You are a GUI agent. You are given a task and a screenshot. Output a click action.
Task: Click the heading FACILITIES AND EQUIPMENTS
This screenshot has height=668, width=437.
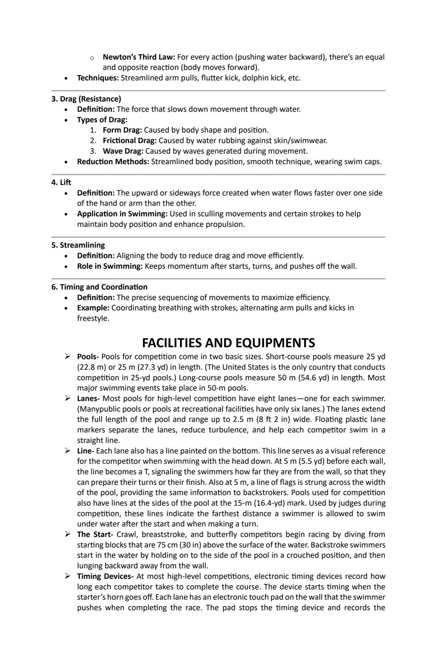coord(228,343)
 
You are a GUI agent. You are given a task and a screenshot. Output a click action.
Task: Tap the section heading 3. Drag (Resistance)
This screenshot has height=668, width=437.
coord(86,99)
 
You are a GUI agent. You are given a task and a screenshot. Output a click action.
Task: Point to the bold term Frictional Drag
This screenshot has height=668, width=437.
coord(129,141)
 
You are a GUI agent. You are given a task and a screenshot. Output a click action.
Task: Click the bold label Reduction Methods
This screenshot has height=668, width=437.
coord(113,162)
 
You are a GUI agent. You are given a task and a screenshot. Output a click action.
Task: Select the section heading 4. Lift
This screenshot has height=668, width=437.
coord(61,182)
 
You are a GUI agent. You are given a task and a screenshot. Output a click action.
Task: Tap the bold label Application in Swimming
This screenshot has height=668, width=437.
coord(122,214)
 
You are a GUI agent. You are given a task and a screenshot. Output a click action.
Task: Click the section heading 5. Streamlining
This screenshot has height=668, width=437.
coord(78,245)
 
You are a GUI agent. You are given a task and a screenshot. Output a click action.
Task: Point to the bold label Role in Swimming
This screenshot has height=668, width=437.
coord(110,267)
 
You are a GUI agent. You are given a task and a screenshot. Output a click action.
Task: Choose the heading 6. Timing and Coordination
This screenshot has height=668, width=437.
coord(100,287)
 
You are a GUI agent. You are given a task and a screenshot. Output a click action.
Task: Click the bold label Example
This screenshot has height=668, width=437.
coord(93,308)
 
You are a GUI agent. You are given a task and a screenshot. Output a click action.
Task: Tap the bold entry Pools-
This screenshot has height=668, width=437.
coord(88,357)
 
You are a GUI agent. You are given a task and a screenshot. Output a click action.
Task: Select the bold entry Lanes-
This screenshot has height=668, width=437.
coord(88,399)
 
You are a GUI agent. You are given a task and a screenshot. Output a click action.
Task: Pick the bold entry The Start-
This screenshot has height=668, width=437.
coord(95,534)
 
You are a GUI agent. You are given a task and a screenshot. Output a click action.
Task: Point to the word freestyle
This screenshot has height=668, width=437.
coord(93,318)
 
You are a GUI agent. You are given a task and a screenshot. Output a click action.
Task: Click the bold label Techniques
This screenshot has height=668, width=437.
coord(98,78)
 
